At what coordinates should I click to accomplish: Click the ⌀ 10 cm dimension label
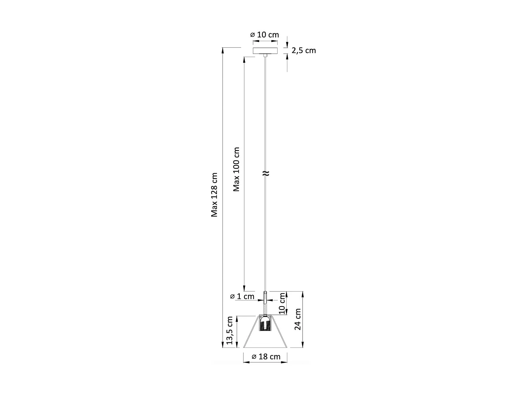265,35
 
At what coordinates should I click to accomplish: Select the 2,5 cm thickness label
304,51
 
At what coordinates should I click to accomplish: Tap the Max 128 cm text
214,195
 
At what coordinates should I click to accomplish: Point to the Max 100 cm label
236,169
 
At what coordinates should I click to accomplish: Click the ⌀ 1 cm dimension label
242,296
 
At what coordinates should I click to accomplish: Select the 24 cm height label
298,319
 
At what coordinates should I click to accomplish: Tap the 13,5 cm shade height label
230,330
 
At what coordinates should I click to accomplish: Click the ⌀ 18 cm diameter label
266,357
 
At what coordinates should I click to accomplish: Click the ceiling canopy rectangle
265,51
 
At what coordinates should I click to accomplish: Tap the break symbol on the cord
266,173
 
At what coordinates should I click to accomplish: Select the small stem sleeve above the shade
265,297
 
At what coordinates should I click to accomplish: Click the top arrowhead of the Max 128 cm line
223,50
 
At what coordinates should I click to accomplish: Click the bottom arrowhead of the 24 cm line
302,345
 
